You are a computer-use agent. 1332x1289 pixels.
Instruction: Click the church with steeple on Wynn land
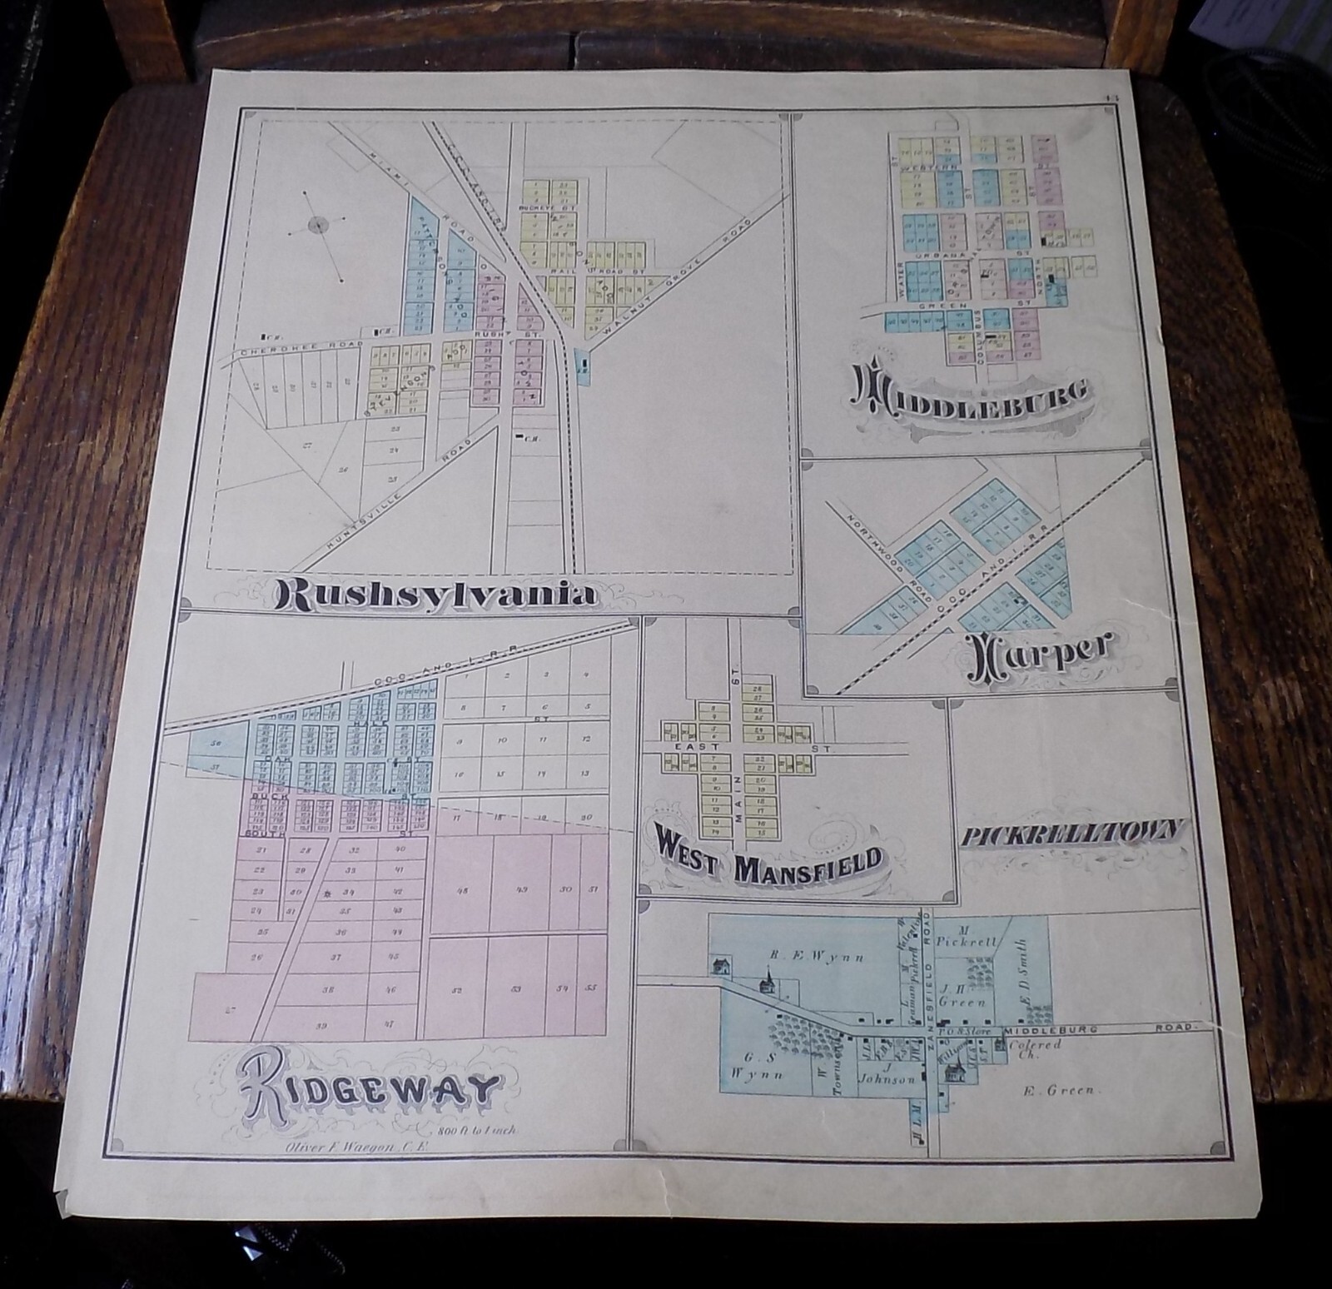[766, 980]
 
